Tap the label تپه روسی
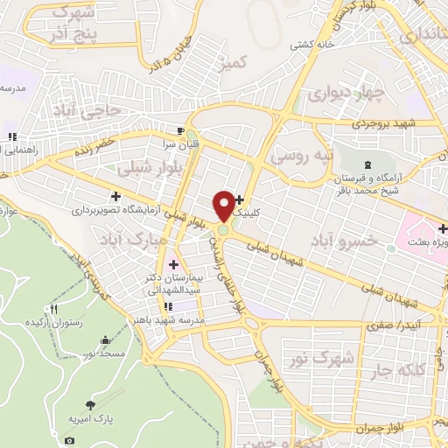click(303, 156)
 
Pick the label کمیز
click(236, 62)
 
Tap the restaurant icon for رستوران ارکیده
click(54, 309)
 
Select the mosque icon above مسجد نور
click(106, 339)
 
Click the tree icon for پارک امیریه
click(91, 404)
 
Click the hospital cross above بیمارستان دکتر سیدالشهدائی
click(173, 264)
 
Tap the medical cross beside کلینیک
click(240, 200)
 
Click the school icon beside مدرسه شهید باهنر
click(167, 306)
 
